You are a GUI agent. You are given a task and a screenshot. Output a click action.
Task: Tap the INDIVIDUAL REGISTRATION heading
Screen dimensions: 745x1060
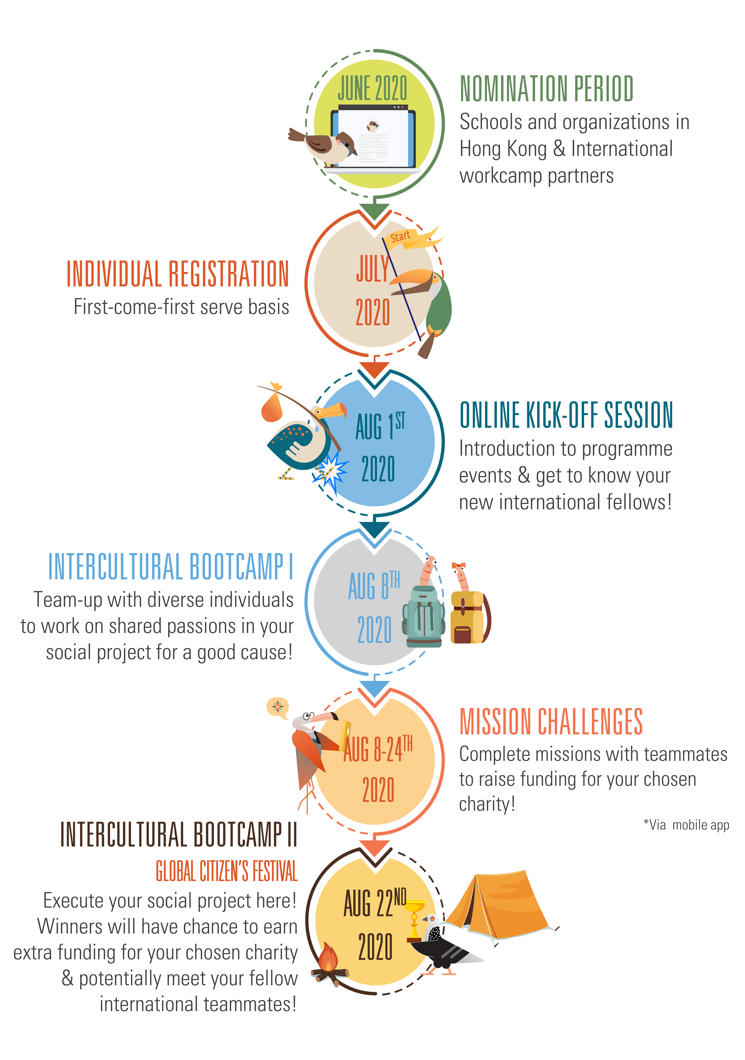178,274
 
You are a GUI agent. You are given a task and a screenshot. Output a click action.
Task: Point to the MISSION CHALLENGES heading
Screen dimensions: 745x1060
551,721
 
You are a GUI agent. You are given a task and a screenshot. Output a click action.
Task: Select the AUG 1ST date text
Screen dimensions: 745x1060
381,426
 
